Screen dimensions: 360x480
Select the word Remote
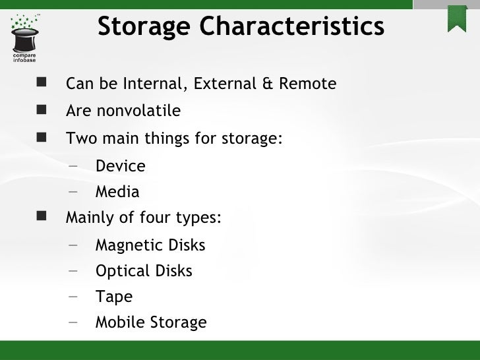coord(307,84)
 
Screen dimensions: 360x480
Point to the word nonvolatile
coord(138,111)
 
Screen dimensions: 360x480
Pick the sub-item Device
coord(120,166)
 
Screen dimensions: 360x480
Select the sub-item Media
coord(117,192)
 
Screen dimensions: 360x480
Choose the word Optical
coord(121,271)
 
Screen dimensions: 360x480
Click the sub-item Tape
coord(113,297)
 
